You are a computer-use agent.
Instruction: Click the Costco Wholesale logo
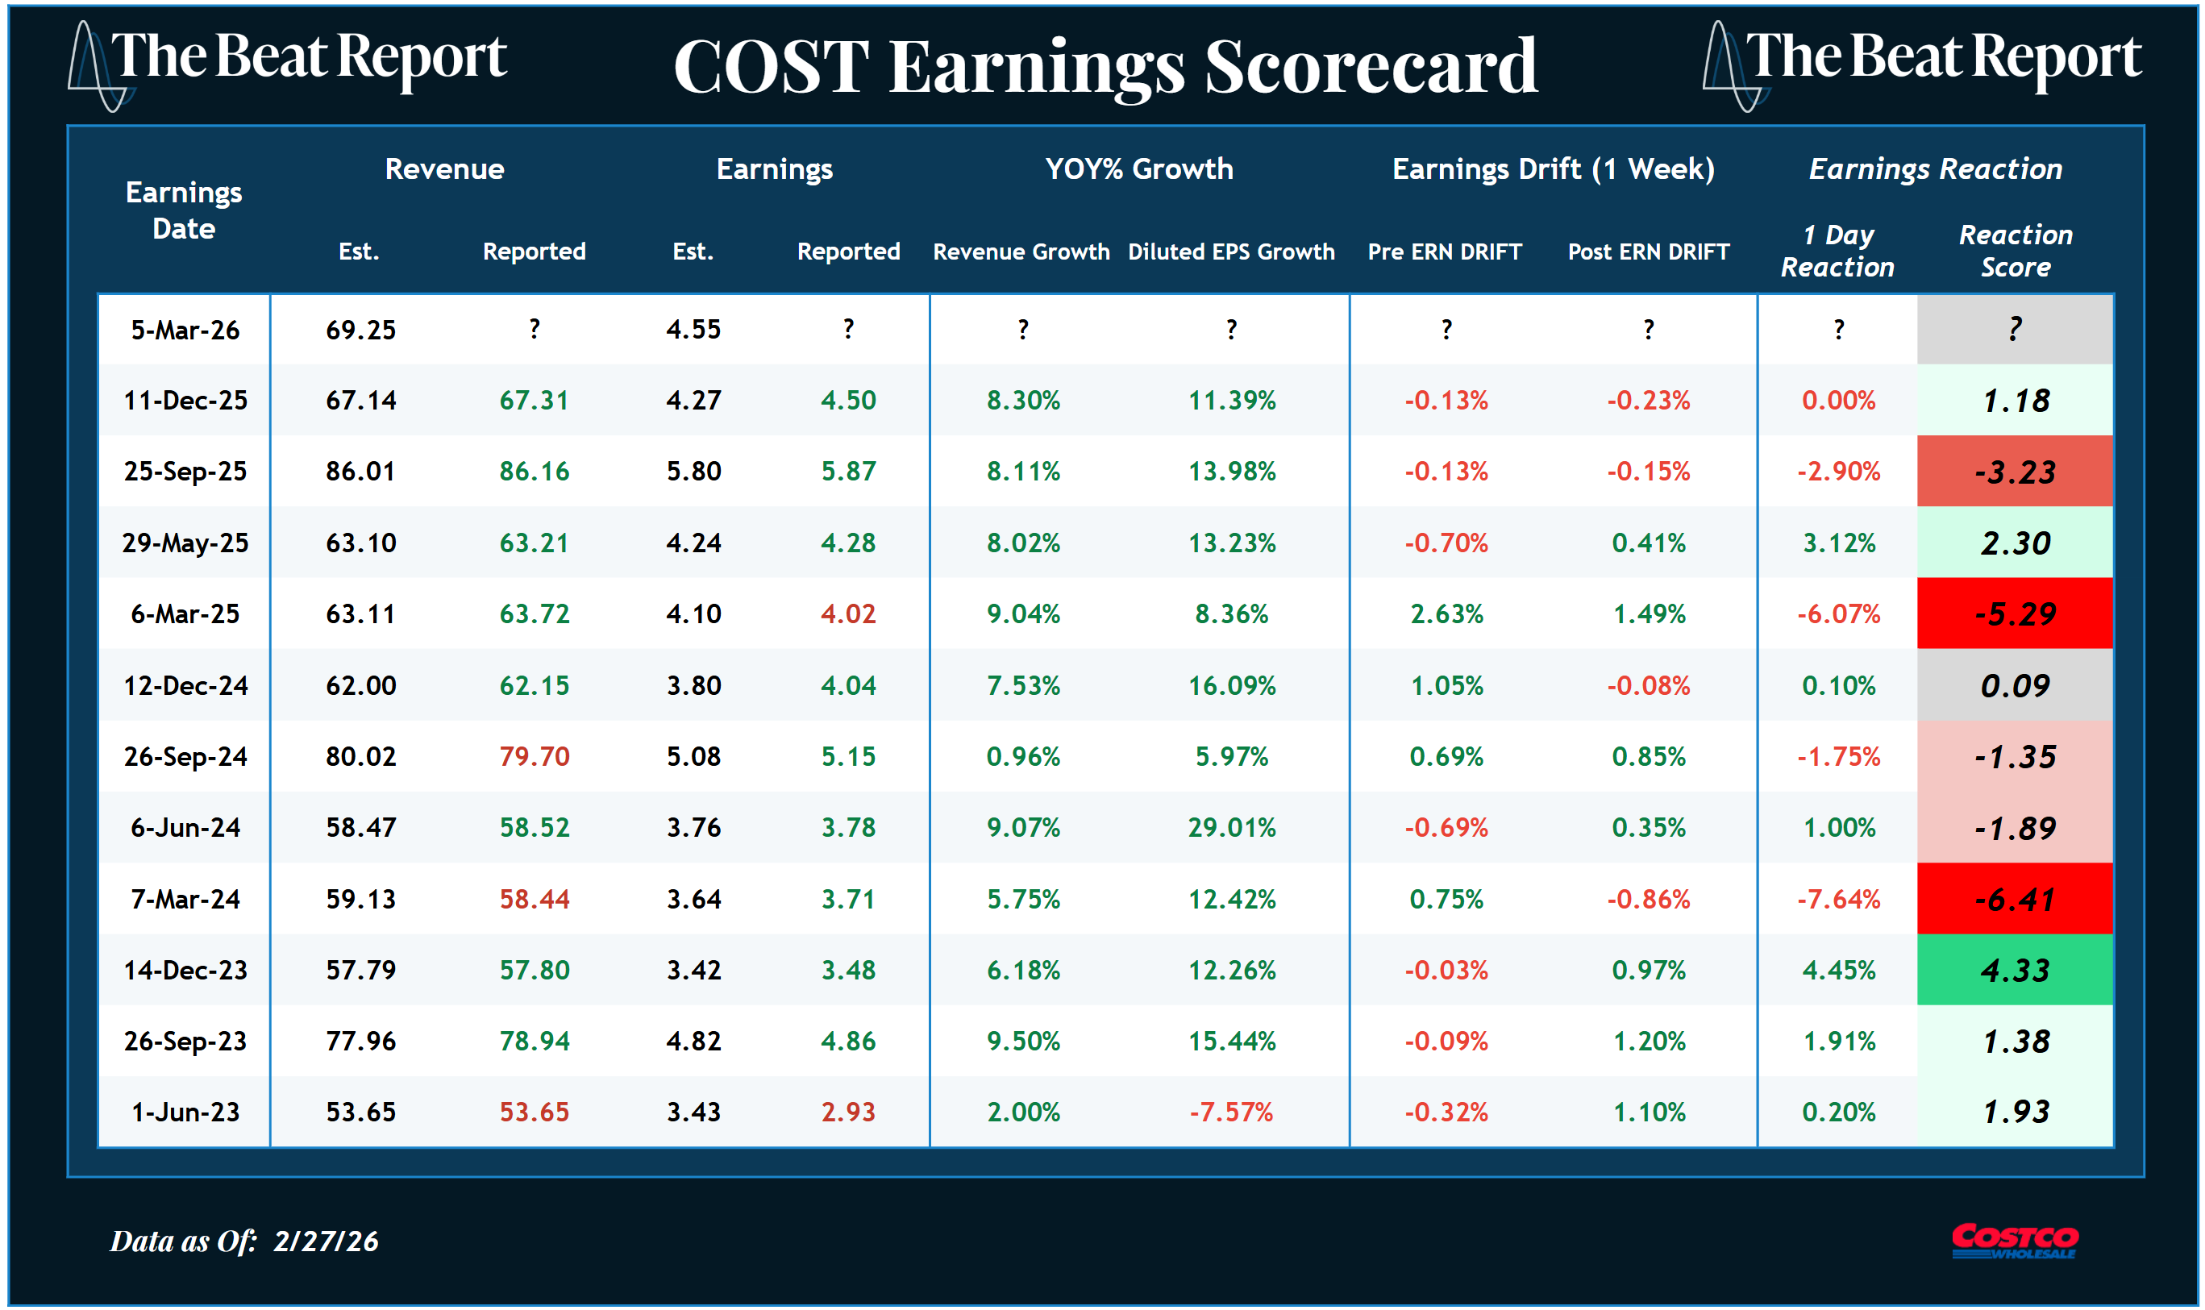[x=2015, y=1240]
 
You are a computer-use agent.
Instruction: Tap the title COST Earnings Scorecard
[x=1105, y=66]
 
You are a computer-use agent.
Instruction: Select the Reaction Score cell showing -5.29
[x=2015, y=613]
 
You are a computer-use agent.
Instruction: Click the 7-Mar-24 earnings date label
[x=185, y=899]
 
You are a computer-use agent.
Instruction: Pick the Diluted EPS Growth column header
[x=1230, y=252]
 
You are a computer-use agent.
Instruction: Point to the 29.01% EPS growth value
[x=1231, y=827]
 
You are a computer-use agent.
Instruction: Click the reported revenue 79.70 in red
[x=534, y=756]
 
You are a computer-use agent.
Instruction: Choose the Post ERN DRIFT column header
[x=1648, y=252]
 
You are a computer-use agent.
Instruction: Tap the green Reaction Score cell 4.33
[x=2015, y=970]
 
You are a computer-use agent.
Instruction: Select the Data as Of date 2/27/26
[x=326, y=1241]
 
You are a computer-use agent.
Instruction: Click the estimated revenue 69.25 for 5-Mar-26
[x=360, y=329]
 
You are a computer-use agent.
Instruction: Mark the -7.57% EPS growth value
[x=1230, y=1112]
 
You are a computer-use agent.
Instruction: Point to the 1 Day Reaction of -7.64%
[x=1838, y=899]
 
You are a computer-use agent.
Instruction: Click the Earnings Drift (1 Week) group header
[x=1553, y=168]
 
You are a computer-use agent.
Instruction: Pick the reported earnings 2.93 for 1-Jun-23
[x=847, y=1112]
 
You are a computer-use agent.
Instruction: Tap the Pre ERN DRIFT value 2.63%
[x=1446, y=613]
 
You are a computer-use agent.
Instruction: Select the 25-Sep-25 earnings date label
[x=185, y=472]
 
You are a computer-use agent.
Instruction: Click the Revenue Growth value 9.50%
[x=1023, y=1041]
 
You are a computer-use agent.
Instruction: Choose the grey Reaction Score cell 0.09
[x=2015, y=685]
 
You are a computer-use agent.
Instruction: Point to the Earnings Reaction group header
[x=1935, y=168]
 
